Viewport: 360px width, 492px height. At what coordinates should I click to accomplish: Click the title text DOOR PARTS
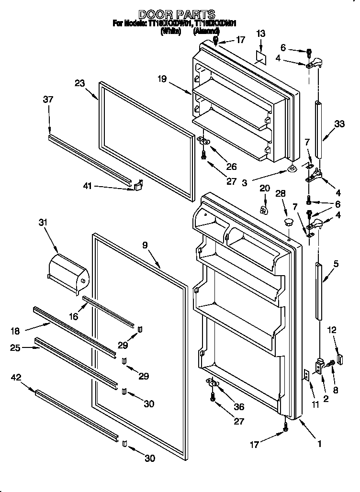(x=177, y=14)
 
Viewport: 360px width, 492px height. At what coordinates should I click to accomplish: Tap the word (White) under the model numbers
(x=171, y=31)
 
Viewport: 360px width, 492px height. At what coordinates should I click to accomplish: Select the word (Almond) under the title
(x=206, y=31)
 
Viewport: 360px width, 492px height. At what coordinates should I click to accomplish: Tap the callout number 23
(x=79, y=83)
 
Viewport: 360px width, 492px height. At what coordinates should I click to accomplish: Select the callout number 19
(x=162, y=79)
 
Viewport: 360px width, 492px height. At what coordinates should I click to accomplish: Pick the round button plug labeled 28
(x=288, y=221)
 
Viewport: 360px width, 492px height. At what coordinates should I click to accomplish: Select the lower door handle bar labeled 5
(x=318, y=289)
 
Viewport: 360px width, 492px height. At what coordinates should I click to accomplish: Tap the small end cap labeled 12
(x=340, y=357)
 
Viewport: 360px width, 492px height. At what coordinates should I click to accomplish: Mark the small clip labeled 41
(x=138, y=185)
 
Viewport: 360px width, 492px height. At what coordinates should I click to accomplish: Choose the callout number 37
(x=47, y=99)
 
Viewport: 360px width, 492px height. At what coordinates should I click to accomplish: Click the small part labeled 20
(x=263, y=210)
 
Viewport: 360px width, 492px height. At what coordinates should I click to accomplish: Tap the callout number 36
(x=238, y=407)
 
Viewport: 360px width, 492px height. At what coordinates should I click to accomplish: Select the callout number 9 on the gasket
(x=145, y=245)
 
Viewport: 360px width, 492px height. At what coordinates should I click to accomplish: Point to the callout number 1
(x=319, y=443)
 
